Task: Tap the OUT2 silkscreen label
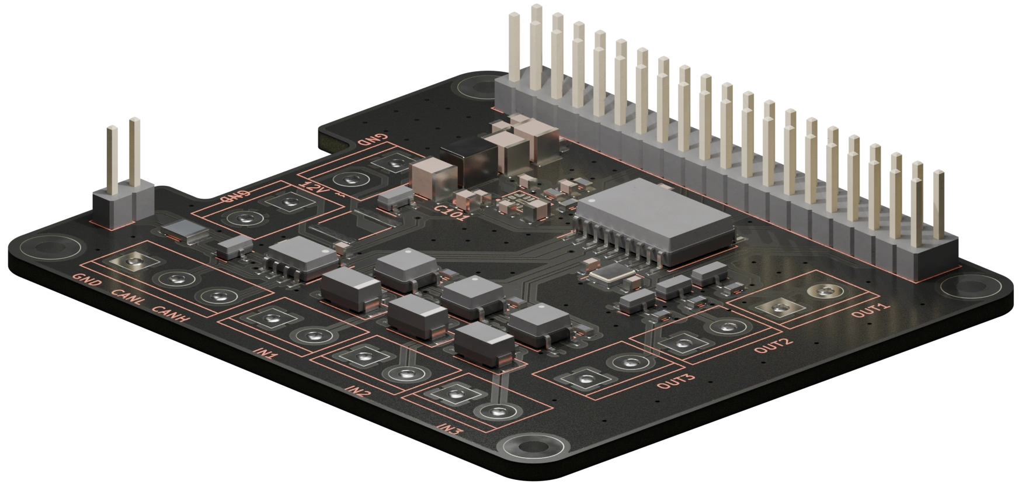click(773, 345)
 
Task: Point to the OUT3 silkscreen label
click(676, 381)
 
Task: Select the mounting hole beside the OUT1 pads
click(965, 288)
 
